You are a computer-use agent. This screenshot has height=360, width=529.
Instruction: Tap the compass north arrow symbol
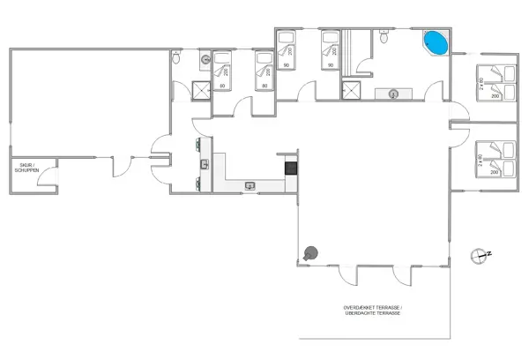pos(480,254)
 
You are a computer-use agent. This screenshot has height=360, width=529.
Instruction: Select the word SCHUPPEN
pos(26,170)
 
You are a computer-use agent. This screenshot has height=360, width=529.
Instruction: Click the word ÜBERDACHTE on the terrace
pos(361,313)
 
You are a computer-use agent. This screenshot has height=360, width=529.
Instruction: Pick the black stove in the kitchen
pos(290,167)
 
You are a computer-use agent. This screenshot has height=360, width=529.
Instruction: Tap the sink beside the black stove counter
pos(250,185)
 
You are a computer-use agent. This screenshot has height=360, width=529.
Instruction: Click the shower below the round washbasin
pos(201,89)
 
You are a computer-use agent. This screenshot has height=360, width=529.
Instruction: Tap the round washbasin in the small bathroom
pos(205,59)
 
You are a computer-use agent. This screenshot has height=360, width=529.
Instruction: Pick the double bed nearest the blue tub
pos(494,82)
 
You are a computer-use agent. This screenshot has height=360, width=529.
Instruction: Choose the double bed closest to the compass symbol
pos(494,159)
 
